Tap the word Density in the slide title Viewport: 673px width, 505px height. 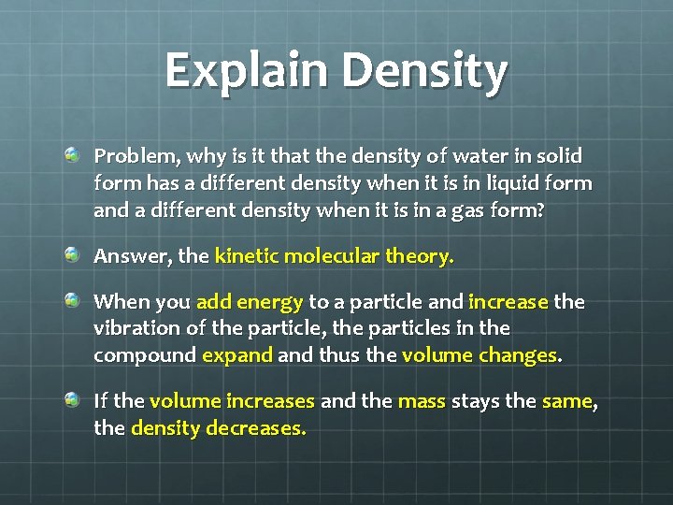(425, 71)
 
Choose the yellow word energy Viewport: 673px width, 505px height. (270, 302)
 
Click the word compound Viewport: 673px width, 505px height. (145, 357)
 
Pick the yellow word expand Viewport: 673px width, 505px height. (237, 357)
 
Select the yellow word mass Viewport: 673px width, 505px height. (422, 402)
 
